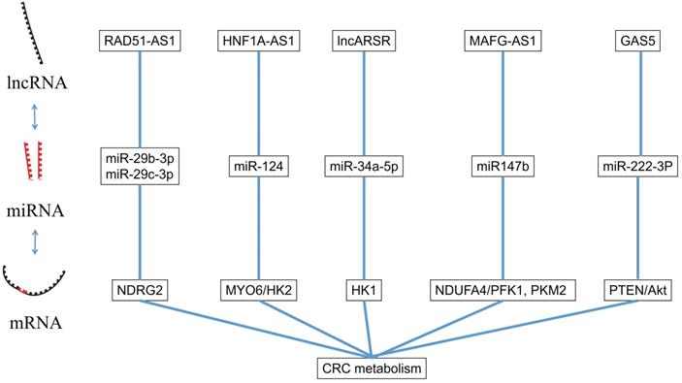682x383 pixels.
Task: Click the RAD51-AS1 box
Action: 141,41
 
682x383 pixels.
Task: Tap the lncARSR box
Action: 363,41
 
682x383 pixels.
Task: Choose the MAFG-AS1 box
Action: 503,41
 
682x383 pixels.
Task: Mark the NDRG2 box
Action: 141,290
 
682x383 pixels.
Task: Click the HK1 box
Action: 363,290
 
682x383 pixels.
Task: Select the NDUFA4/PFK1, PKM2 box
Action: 503,290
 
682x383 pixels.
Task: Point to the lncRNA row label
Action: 35,83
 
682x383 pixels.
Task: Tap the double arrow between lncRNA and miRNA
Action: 35,116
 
